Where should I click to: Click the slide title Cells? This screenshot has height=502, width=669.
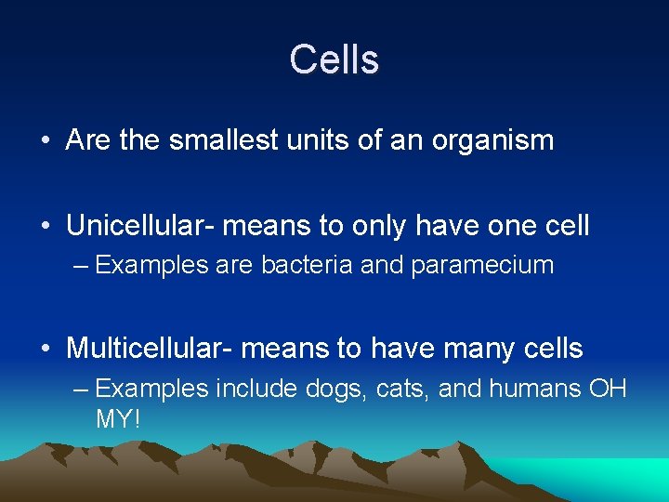(334, 59)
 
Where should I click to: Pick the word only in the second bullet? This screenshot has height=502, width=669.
(386, 226)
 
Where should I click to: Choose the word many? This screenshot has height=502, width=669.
(477, 349)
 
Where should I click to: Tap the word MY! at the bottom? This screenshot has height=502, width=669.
(118, 419)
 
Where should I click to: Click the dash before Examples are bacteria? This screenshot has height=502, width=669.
(81, 265)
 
